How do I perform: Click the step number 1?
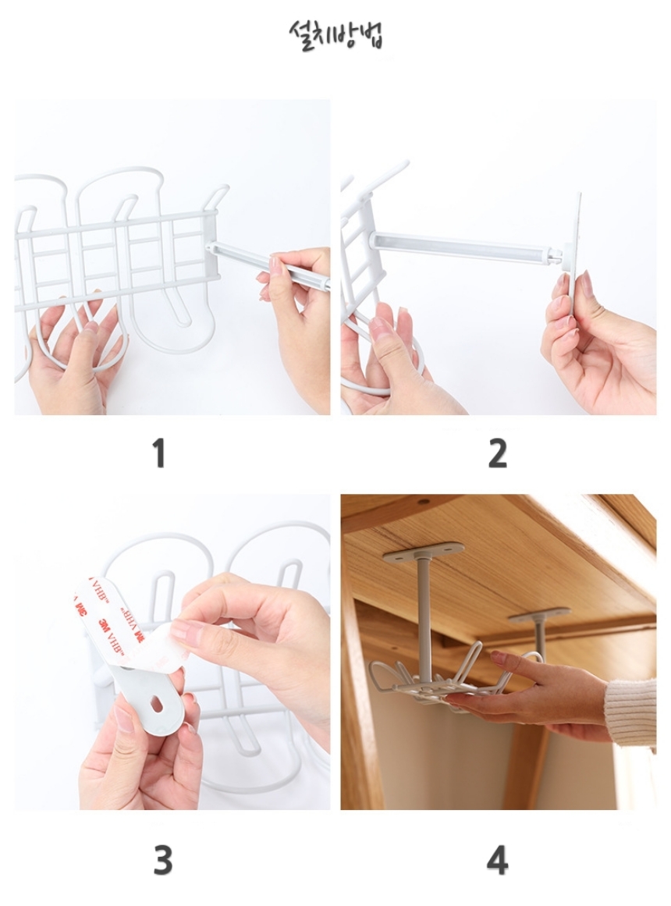tap(159, 453)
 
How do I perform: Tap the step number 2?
tap(496, 453)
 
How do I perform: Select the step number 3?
tap(162, 860)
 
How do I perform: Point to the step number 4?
tap(497, 860)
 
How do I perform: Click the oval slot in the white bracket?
tap(157, 704)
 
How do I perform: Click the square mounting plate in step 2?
tap(573, 243)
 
